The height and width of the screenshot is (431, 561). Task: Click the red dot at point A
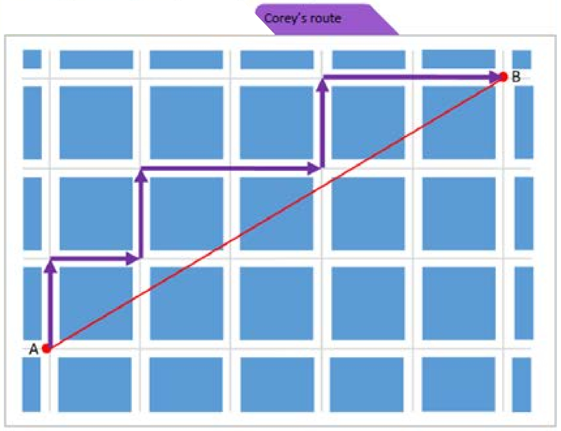47,348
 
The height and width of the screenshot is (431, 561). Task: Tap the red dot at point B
503,77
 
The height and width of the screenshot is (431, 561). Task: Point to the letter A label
34,349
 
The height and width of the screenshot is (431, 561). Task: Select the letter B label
516,77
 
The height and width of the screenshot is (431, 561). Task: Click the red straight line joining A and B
275,212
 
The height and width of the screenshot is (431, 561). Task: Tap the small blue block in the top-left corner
32,60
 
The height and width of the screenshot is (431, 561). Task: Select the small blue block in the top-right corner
521,60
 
